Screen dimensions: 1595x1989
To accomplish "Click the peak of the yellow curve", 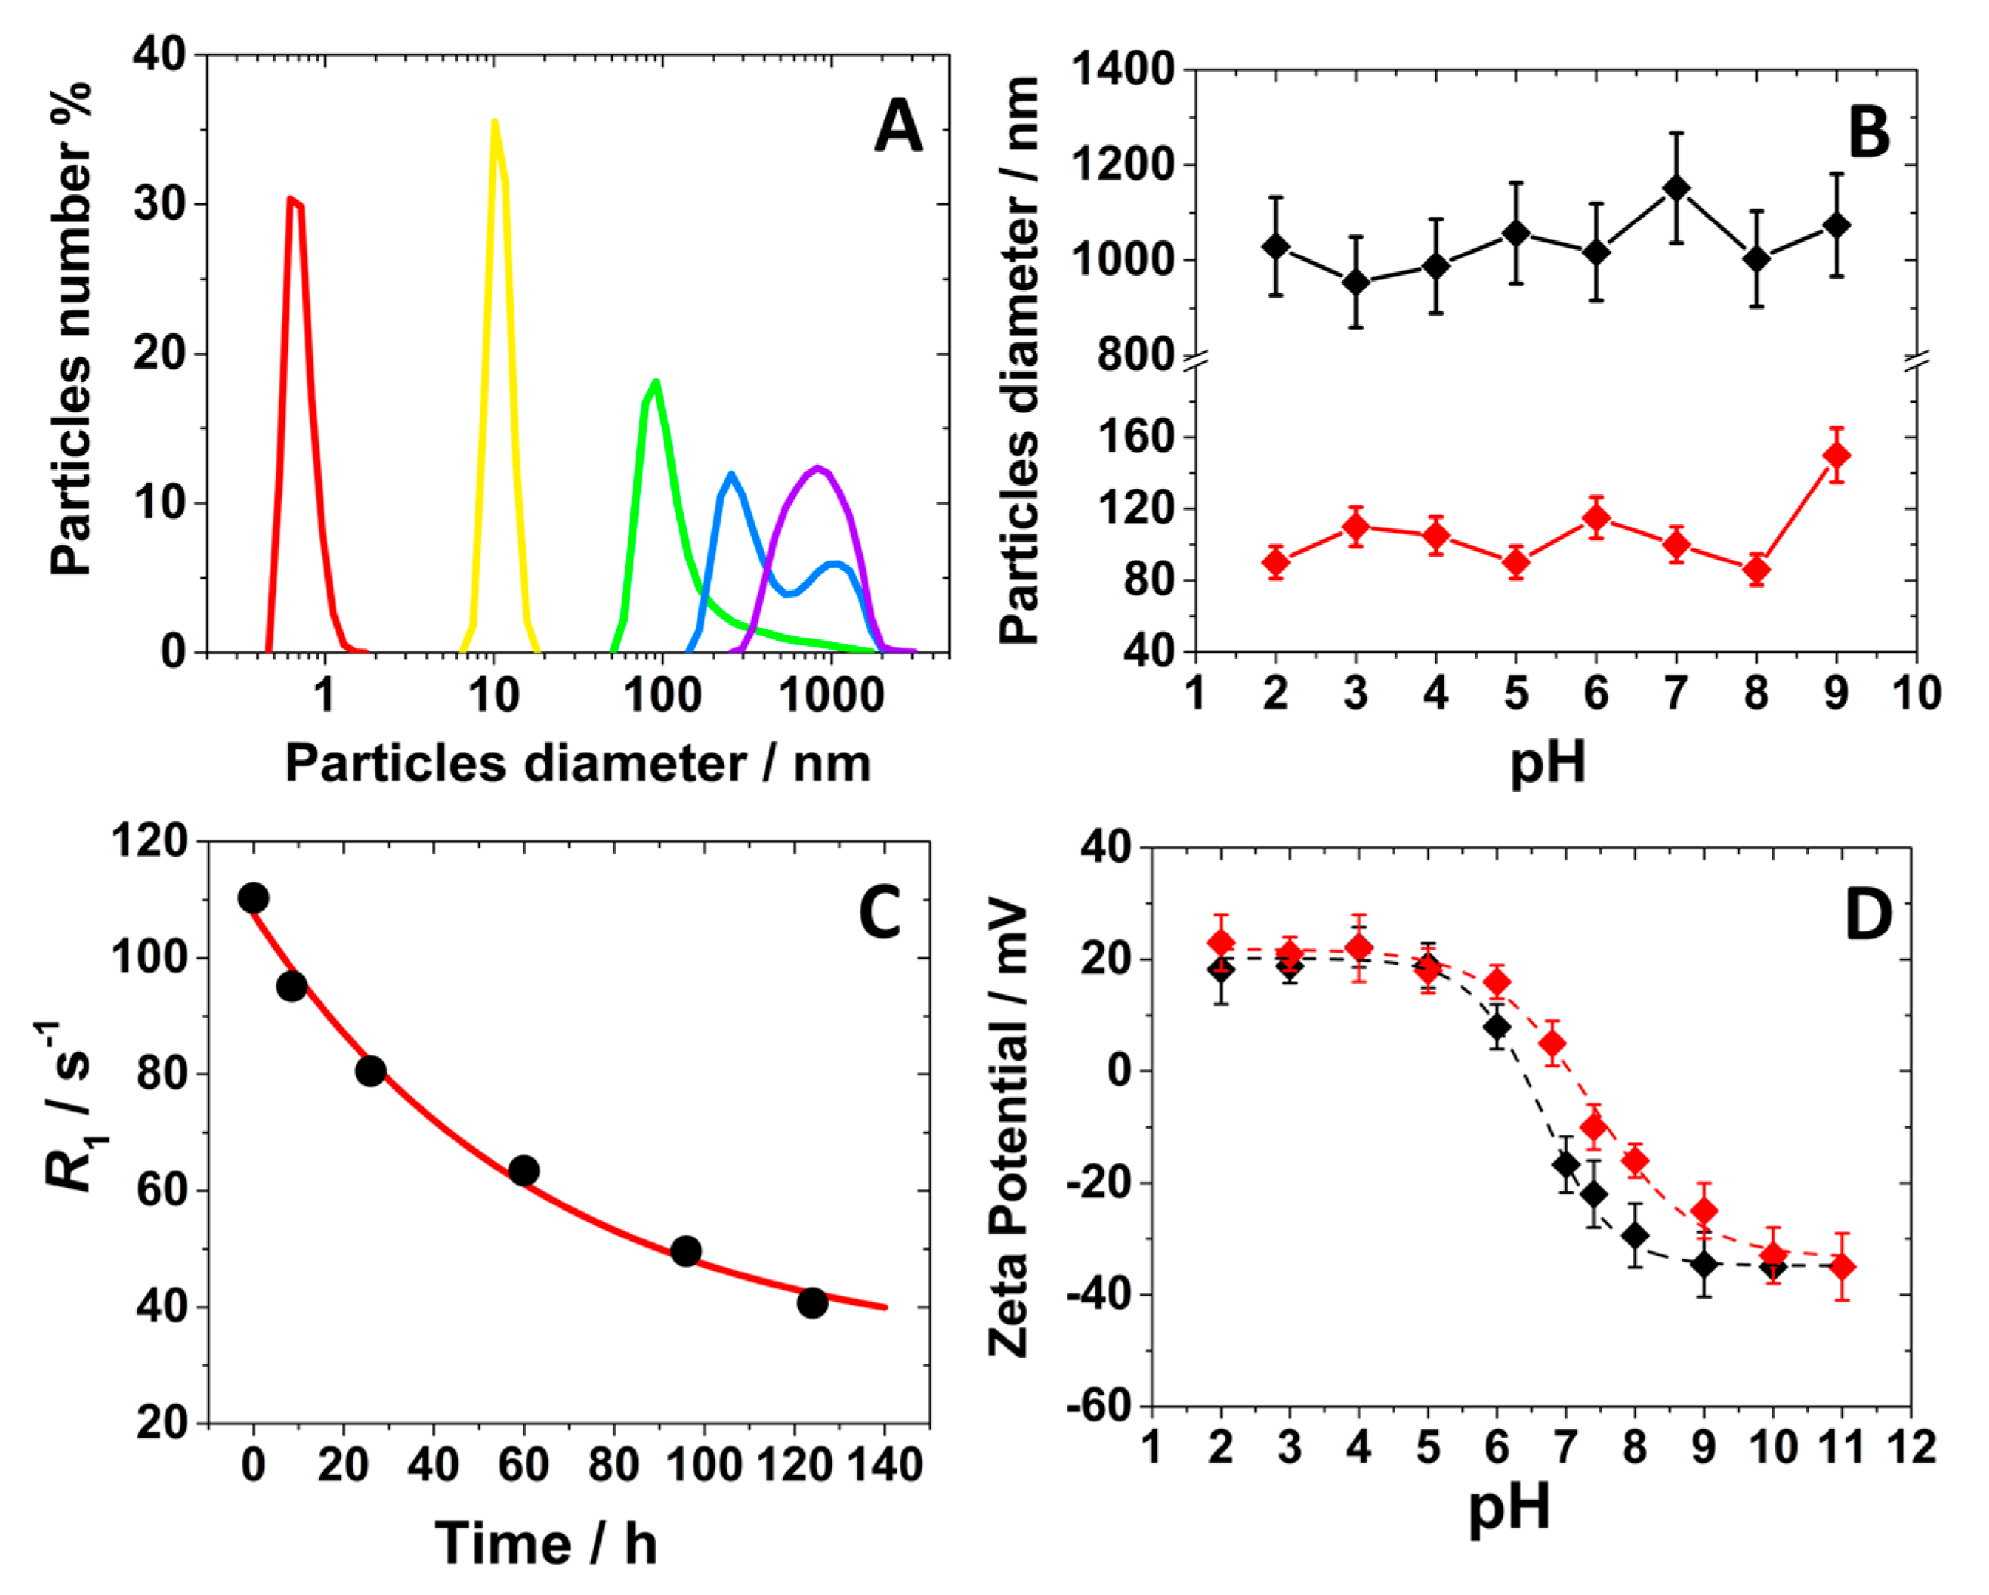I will pos(494,122).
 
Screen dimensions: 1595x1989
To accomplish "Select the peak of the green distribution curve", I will pos(656,381).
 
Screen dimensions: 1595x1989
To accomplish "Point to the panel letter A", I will pos(897,126).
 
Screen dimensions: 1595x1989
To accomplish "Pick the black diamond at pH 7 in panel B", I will pos(1676,188).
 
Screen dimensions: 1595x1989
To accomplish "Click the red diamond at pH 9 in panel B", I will pos(1837,456).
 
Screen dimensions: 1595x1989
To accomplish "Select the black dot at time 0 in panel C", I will pos(254,897).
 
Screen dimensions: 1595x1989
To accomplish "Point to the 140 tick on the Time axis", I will pos(885,1465).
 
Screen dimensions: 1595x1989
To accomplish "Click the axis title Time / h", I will pos(545,1544).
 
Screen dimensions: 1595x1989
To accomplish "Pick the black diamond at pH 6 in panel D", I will pos(1497,1026).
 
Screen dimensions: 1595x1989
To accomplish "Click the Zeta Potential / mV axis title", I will pos(1008,1130).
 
